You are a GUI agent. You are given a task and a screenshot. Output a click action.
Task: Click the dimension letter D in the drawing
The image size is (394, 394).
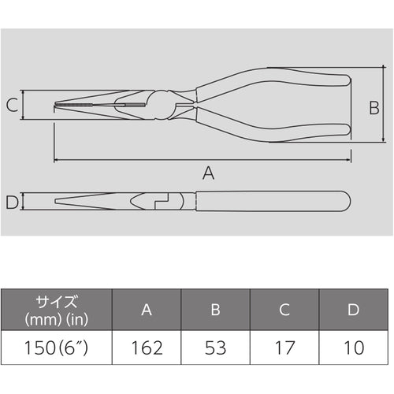click(11, 202)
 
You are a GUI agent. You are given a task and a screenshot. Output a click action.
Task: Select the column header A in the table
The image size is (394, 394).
click(147, 310)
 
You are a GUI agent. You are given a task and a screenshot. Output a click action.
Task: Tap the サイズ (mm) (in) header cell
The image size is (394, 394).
click(56, 310)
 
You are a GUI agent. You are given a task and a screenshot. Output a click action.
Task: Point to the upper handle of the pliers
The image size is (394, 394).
click(276, 79)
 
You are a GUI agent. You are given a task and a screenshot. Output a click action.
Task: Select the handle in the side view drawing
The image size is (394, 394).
click(268, 202)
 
